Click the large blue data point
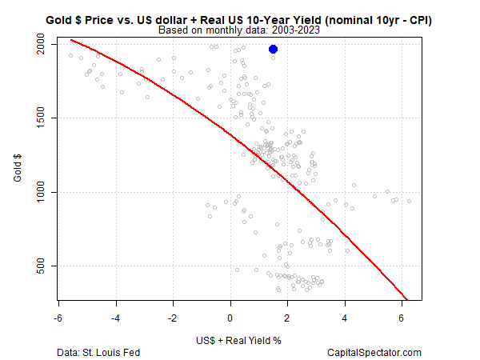point(274,50)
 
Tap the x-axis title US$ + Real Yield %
point(239,339)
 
